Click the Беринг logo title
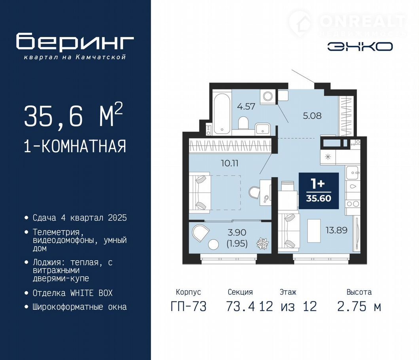pyautogui.click(x=75, y=41)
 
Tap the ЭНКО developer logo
pyautogui.click(x=360, y=47)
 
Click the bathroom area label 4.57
pyautogui.click(x=246, y=106)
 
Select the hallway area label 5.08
pyautogui.click(x=312, y=116)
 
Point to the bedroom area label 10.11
pyautogui.click(x=229, y=163)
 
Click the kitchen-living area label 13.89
pyautogui.click(x=336, y=230)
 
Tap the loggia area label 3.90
pyautogui.click(x=237, y=232)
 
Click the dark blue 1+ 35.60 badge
pyautogui.click(x=319, y=191)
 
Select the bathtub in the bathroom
pyautogui.click(x=222, y=113)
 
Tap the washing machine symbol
pyautogui.click(x=267, y=96)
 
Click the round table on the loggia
pyautogui.click(x=214, y=244)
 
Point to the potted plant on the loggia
pyautogui.click(x=262, y=243)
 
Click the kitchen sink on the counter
pyautogui.click(x=352, y=172)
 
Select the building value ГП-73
pyautogui.click(x=188, y=306)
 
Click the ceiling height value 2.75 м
pyautogui.click(x=359, y=306)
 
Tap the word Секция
pyautogui.click(x=240, y=292)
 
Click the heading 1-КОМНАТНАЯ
pyautogui.click(x=75, y=146)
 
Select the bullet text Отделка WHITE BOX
pyautogui.click(x=72, y=293)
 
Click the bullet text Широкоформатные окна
pyautogui.click(x=80, y=307)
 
